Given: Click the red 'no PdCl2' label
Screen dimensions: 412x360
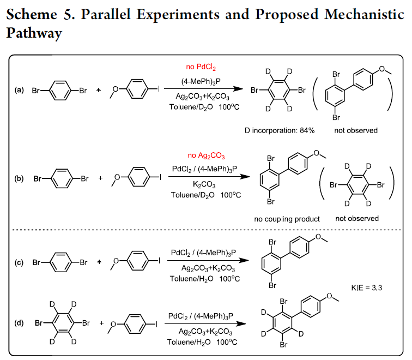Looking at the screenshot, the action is point(201,67).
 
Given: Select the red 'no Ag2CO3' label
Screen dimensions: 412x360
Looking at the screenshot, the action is point(206,155).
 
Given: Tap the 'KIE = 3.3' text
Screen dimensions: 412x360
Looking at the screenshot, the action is point(367,287).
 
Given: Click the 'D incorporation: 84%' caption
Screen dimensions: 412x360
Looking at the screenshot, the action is point(280,130).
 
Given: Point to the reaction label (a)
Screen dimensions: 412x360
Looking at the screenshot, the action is point(19,90).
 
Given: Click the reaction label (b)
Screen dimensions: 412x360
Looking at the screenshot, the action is point(19,178).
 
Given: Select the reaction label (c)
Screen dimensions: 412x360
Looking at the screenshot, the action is point(19,262).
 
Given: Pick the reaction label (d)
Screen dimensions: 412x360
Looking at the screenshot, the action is point(19,323).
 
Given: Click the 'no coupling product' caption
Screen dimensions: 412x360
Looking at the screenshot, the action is point(287,219).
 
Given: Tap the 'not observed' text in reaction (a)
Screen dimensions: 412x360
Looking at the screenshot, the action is point(356,130).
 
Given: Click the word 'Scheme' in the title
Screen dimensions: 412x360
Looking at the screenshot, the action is point(32,14).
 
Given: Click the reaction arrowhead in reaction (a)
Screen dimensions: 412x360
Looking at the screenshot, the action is point(238,88).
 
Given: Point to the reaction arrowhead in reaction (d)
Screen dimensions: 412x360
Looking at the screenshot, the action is point(241,323).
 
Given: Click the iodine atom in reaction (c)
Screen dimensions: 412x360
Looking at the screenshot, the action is point(159,261).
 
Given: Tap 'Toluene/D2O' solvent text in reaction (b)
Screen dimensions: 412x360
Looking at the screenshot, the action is point(192,195).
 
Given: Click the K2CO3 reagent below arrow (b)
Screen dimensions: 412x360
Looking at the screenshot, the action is point(204,184).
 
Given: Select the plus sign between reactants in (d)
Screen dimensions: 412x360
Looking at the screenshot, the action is point(102,323).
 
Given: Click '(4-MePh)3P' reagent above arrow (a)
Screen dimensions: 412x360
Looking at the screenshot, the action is point(201,82).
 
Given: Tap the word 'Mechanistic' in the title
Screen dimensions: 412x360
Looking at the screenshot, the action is point(364,14).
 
